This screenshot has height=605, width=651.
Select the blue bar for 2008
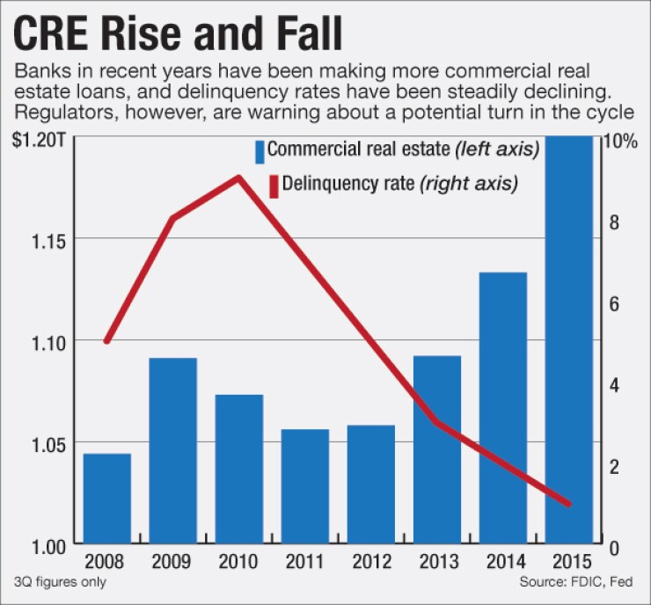[x=107, y=499]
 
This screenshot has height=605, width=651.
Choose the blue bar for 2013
[x=437, y=449]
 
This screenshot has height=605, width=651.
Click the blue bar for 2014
[x=502, y=408]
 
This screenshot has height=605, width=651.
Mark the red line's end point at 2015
[x=568, y=504]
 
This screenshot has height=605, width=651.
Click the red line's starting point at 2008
[x=107, y=341]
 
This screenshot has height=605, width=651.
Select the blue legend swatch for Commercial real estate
[x=260, y=151]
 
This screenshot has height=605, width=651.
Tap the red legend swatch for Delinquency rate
[x=274, y=186]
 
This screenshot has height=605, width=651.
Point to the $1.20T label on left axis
[x=37, y=142]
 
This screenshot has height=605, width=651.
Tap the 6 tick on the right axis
[x=613, y=303]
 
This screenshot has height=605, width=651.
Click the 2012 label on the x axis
[x=370, y=561]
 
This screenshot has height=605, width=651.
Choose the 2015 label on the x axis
[x=568, y=561]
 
